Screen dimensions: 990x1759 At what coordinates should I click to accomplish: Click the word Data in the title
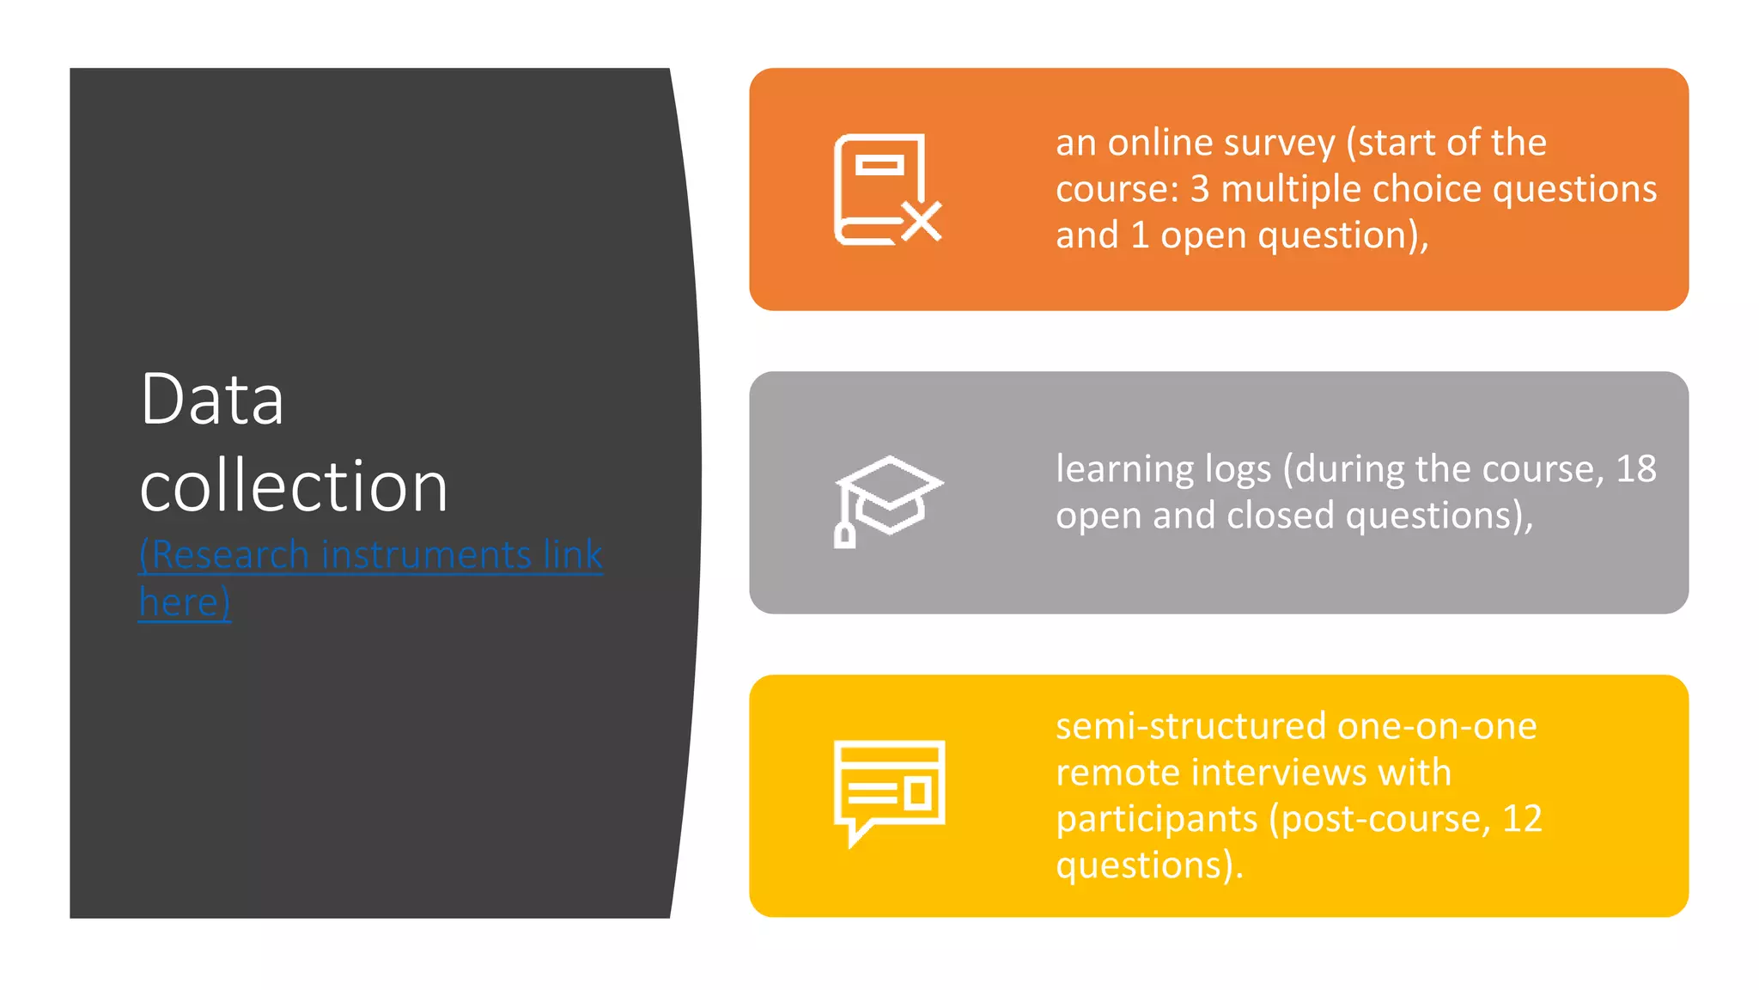click(211, 400)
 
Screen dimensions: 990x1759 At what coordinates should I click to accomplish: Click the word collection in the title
click(294, 486)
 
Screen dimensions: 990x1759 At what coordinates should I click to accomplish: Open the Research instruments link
click(370, 554)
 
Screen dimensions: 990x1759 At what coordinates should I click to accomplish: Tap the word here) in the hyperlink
click(185, 602)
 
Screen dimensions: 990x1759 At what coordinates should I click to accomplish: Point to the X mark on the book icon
click(922, 222)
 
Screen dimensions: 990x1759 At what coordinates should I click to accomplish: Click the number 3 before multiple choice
click(1199, 189)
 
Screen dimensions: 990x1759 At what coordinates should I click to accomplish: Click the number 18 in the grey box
click(1635, 469)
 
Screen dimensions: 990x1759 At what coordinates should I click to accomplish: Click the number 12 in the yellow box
click(1522, 819)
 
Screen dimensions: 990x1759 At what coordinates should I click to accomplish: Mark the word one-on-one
click(1436, 726)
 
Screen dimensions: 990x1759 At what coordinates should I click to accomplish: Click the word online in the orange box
click(1154, 143)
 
